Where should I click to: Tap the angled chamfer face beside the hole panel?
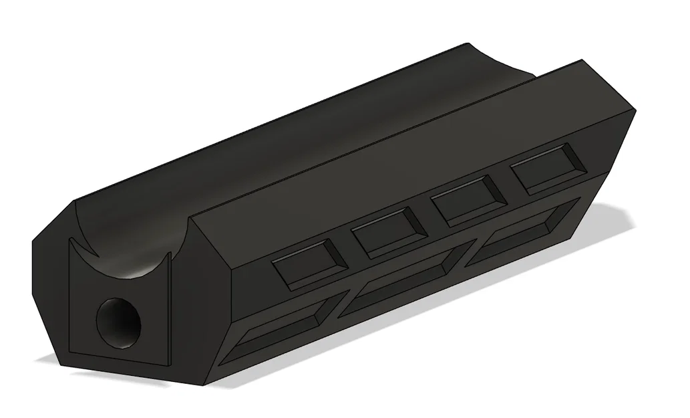pyautogui.click(x=50, y=294)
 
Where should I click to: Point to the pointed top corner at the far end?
pyautogui.click(x=582, y=61)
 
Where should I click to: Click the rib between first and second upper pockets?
pyautogui.click(x=349, y=251)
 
